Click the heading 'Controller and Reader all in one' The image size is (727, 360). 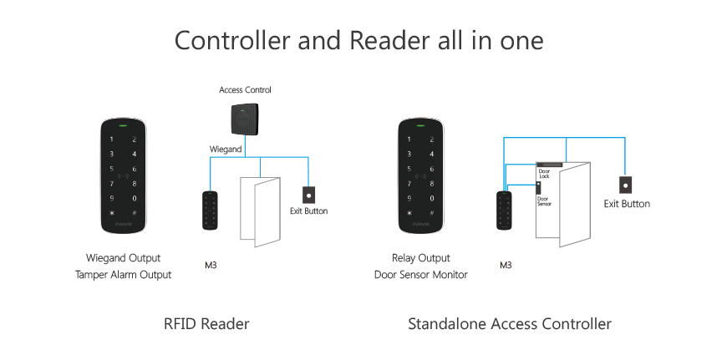pos(358,40)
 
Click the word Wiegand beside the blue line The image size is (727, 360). pos(225,149)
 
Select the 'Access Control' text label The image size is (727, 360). pos(245,89)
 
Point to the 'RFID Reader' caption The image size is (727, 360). pos(206,323)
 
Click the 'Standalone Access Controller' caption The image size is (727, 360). pos(510,323)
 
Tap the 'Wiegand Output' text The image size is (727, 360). pos(124,257)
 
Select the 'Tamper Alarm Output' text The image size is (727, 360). pos(124,274)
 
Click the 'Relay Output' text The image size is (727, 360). pos(421,257)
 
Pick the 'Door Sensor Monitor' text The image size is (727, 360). pos(421,274)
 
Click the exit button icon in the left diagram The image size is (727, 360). pos(308,195)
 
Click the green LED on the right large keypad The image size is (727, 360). pos(421,127)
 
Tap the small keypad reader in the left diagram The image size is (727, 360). pos(211,210)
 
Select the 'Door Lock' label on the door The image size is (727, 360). pos(544,174)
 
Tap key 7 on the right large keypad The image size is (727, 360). pos(409,183)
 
